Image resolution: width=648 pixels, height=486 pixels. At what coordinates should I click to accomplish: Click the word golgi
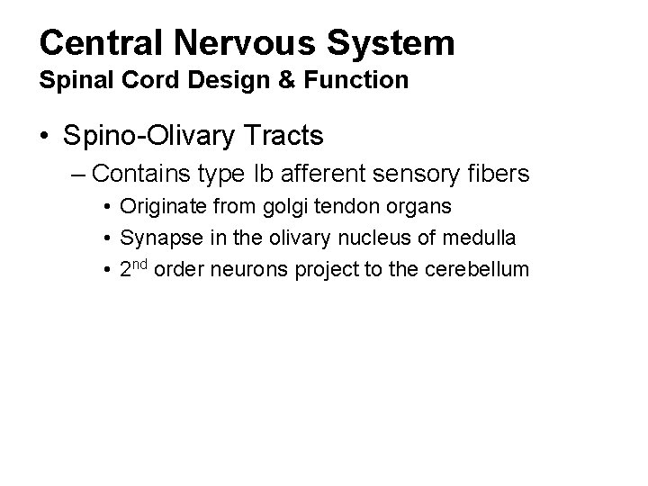(280, 206)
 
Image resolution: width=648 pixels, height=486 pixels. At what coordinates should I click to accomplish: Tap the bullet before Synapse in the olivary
(107, 238)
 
